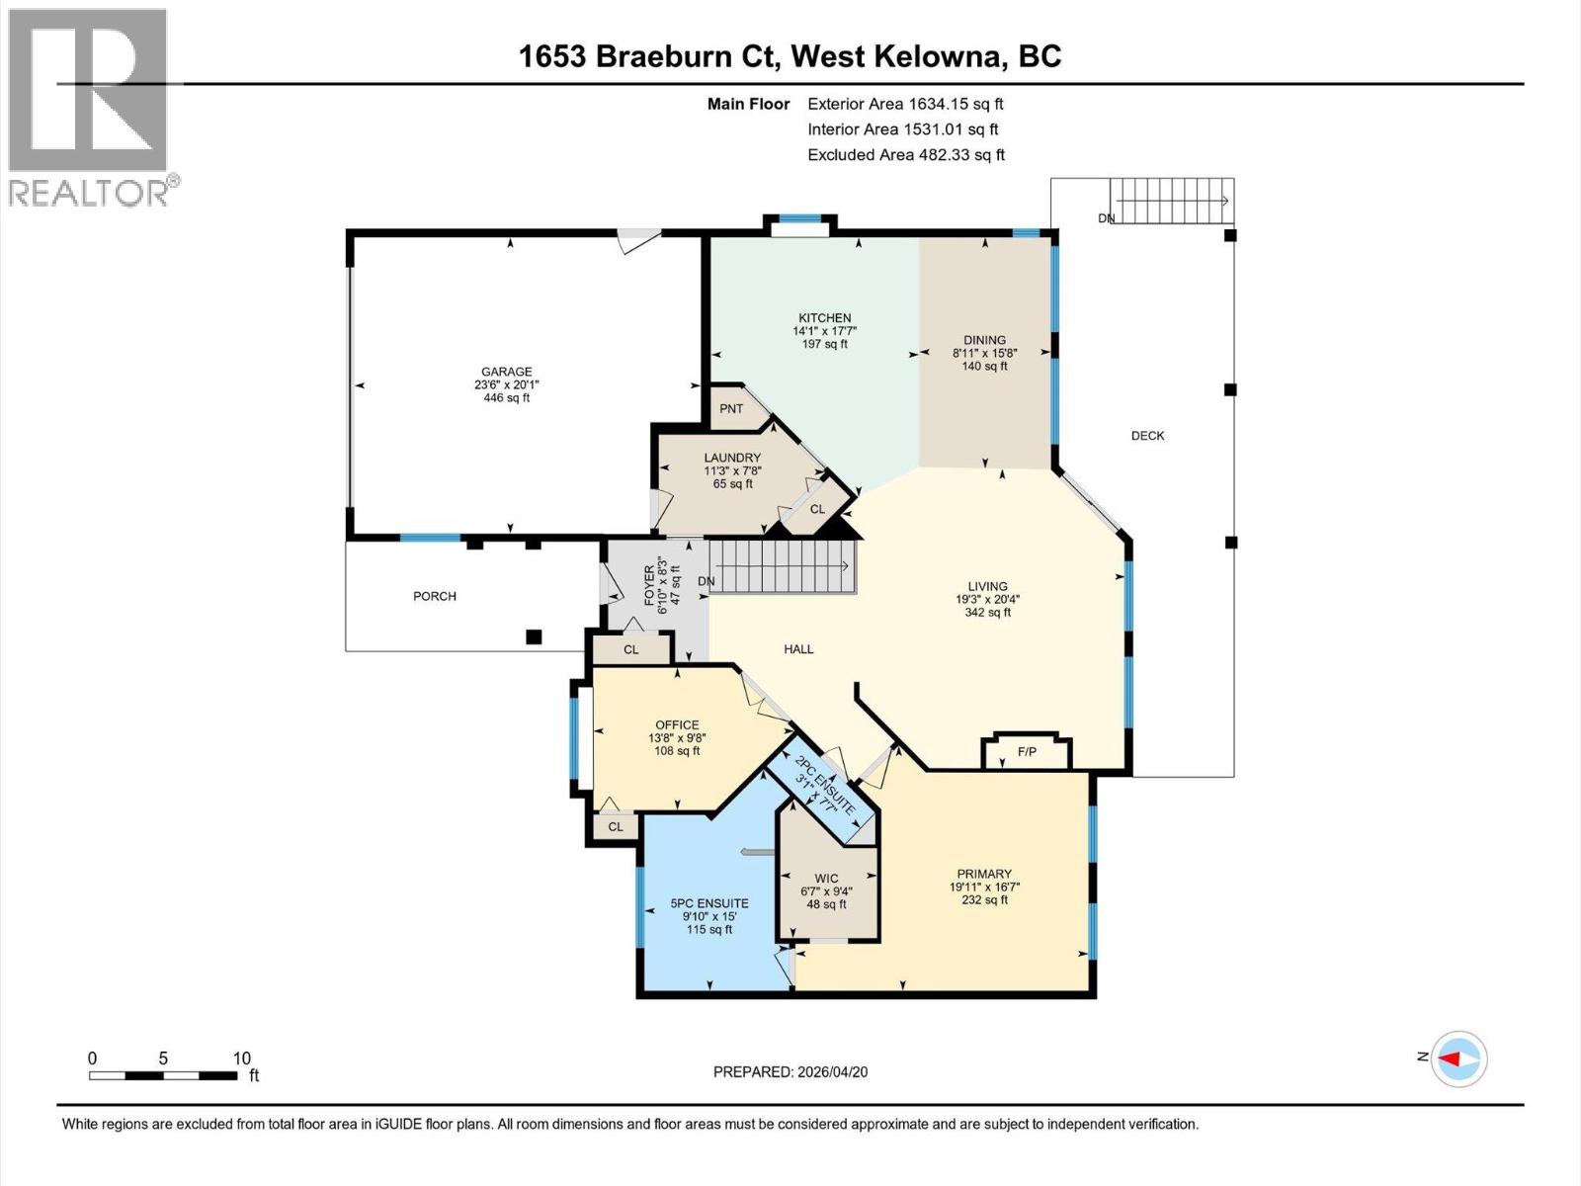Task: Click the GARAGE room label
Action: [506, 373]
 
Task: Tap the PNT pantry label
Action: [731, 409]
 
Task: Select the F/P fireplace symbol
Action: [1027, 753]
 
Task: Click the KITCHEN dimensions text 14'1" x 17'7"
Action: [824, 331]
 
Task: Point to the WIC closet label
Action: [826, 879]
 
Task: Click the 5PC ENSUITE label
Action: [708, 903]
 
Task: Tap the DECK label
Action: [1147, 436]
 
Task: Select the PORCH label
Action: [435, 596]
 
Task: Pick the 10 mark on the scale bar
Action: [241, 1059]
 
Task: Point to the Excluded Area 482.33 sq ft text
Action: [905, 155]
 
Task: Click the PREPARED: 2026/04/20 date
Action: [790, 1072]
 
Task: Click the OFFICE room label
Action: [677, 724]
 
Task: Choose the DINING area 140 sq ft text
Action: [984, 367]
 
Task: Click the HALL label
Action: [798, 649]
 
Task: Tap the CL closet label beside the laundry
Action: [817, 510]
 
